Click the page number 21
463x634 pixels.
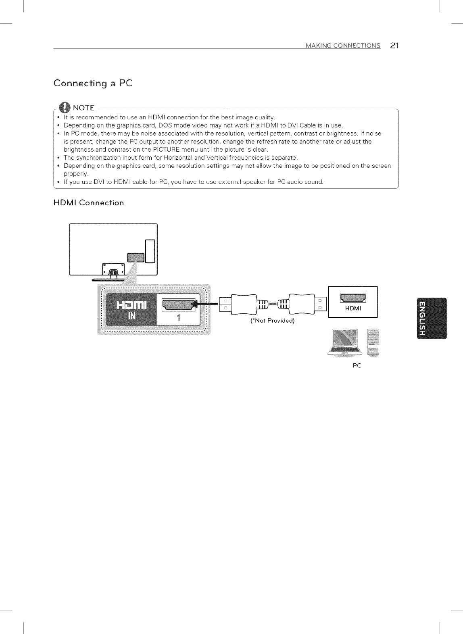(394, 45)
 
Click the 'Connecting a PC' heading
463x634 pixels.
(93, 83)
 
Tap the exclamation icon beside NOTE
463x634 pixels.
(65, 108)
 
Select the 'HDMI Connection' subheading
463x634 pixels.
(89, 202)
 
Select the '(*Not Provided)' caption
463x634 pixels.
(273, 321)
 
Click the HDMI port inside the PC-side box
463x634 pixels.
(353, 298)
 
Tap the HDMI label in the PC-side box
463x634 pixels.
(353, 309)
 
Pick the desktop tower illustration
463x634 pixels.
(373, 342)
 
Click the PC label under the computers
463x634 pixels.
(357, 366)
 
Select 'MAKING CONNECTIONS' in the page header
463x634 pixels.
(343, 46)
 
